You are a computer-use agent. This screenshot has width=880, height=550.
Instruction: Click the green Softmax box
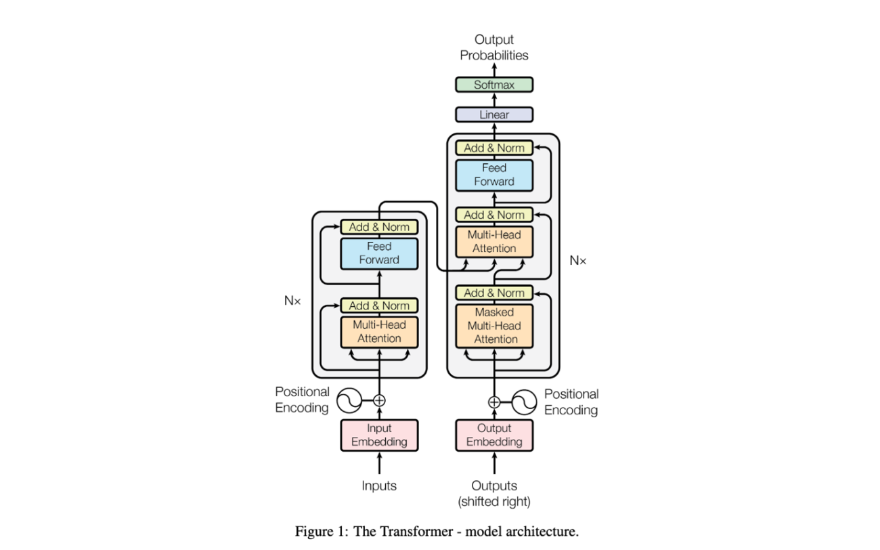click(494, 85)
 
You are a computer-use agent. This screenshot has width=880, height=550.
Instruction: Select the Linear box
click(494, 114)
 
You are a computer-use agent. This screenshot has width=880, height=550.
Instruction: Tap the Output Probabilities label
click(494, 47)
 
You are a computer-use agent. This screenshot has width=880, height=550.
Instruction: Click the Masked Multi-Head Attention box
click(494, 326)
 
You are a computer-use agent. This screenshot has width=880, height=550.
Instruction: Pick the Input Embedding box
click(379, 435)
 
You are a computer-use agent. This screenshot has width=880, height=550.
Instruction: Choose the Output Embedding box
click(494, 435)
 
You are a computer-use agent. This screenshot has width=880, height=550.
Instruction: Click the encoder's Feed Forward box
click(379, 253)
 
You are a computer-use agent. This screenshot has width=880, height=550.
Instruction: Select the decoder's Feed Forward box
click(494, 175)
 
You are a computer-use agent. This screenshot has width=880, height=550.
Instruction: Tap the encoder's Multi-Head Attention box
click(379, 332)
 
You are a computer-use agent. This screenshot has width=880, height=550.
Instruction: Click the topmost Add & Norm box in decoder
click(494, 148)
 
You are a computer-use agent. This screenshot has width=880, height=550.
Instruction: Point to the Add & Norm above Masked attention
click(494, 293)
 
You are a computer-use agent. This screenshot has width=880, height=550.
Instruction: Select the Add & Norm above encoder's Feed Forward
click(379, 227)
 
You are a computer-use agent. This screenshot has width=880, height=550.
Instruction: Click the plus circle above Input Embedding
click(379, 400)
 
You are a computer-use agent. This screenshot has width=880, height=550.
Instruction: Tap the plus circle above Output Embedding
click(494, 402)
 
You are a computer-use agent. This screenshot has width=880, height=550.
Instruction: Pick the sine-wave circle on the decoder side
click(524, 402)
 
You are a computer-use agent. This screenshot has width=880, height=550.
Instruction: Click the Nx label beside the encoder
click(292, 300)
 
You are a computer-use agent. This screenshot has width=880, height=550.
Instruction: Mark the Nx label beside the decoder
click(577, 260)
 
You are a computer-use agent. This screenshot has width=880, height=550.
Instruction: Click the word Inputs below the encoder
click(379, 486)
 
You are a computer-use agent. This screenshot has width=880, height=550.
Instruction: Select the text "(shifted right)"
click(494, 502)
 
